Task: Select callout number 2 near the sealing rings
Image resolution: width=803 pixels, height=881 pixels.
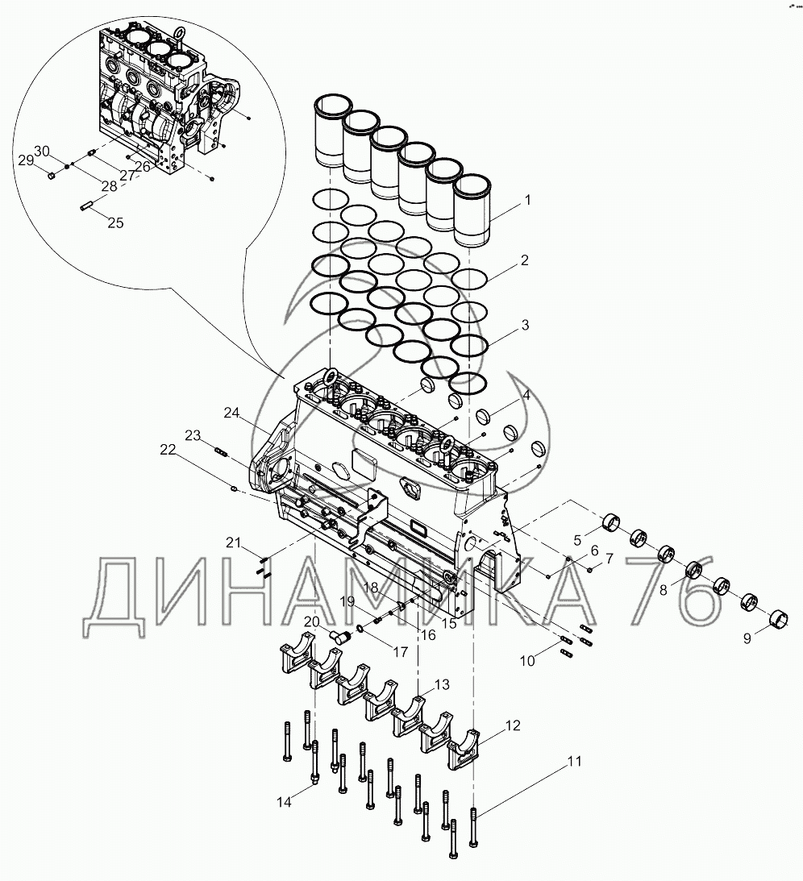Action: [524, 260]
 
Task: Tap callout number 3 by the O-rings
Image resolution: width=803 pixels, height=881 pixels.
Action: [525, 326]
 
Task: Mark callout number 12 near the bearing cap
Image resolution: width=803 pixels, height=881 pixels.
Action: [512, 727]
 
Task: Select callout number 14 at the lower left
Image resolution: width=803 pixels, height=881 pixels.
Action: [284, 801]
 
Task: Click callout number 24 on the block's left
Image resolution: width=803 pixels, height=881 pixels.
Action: [232, 413]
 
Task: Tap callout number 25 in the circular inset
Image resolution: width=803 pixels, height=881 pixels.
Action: [115, 222]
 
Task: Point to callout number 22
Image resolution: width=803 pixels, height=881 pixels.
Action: [168, 451]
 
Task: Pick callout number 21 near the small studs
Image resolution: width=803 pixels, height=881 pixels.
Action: [233, 542]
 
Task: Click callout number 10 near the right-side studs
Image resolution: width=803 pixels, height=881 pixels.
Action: [527, 661]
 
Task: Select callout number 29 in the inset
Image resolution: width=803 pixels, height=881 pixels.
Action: [26, 160]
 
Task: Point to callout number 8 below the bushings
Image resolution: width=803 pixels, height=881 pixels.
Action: [663, 589]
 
